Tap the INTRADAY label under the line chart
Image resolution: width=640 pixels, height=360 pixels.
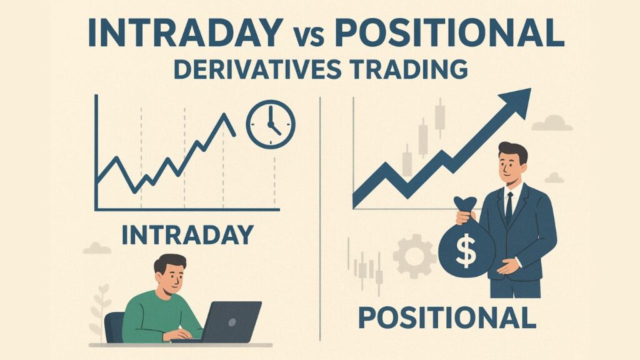[187, 234]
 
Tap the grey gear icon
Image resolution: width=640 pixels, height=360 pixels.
[414, 256]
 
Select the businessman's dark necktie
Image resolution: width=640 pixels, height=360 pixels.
[509, 206]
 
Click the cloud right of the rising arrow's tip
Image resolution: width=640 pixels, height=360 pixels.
[551, 122]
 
